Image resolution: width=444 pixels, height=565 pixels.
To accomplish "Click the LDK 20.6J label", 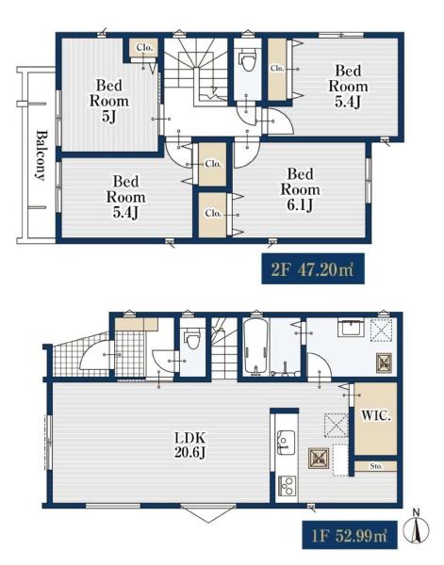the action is coord(189,445).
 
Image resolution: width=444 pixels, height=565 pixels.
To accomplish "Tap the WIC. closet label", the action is coord(376,416).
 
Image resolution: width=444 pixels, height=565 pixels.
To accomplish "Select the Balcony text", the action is coord(41,155).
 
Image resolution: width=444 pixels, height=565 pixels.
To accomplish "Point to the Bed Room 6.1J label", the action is coord(300,189).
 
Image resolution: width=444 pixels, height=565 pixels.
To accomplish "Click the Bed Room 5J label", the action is coord(108,101).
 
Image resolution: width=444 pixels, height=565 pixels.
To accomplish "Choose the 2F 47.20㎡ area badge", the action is coord(313,268).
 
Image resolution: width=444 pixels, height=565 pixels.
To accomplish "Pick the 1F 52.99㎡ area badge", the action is coord(350,536).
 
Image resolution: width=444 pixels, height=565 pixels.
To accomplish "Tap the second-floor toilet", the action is coord(247,61).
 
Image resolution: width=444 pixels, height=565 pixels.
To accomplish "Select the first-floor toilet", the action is coord(192,339).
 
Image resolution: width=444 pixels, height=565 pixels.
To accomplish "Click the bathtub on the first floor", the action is coord(255,347).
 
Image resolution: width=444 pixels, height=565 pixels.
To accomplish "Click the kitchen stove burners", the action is coord(288,487).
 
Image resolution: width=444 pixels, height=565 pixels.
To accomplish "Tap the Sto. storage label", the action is coord(376,466).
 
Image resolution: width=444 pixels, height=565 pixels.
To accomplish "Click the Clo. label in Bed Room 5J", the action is coord(144,47).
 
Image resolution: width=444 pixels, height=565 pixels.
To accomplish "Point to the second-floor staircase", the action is coord(197,72).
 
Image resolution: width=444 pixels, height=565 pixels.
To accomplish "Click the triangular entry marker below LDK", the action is coord(208,514).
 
